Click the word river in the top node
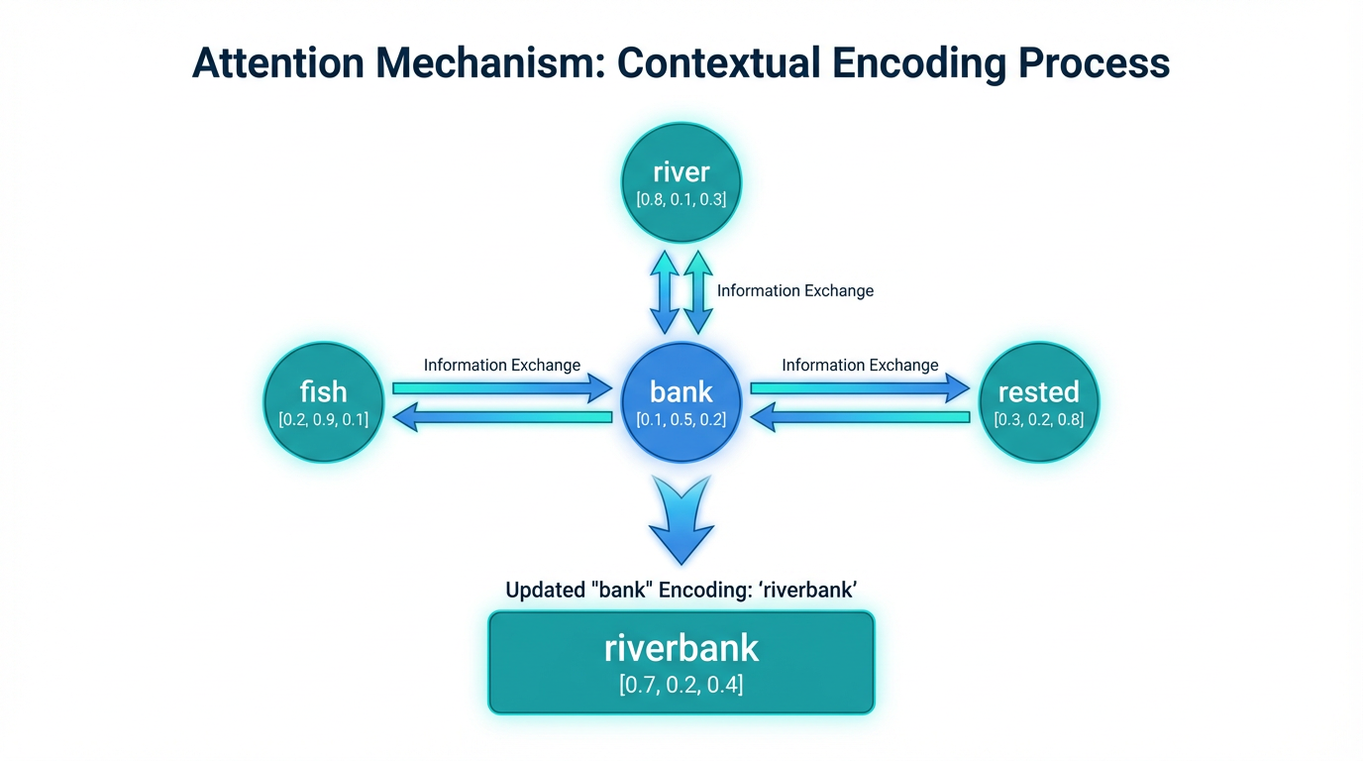tap(681, 172)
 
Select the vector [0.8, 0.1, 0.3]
tap(681, 199)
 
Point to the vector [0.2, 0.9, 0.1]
tap(324, 419)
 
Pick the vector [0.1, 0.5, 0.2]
tap(681, 419)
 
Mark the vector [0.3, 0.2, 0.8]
tap(1038, 419)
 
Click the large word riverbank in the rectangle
tap(681, 648)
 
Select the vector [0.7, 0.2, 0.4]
tap(681, 683)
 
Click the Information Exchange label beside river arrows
tap(795, 291)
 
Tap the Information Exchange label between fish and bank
tap(502, 365)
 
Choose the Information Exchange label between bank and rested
tap(860, 365)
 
